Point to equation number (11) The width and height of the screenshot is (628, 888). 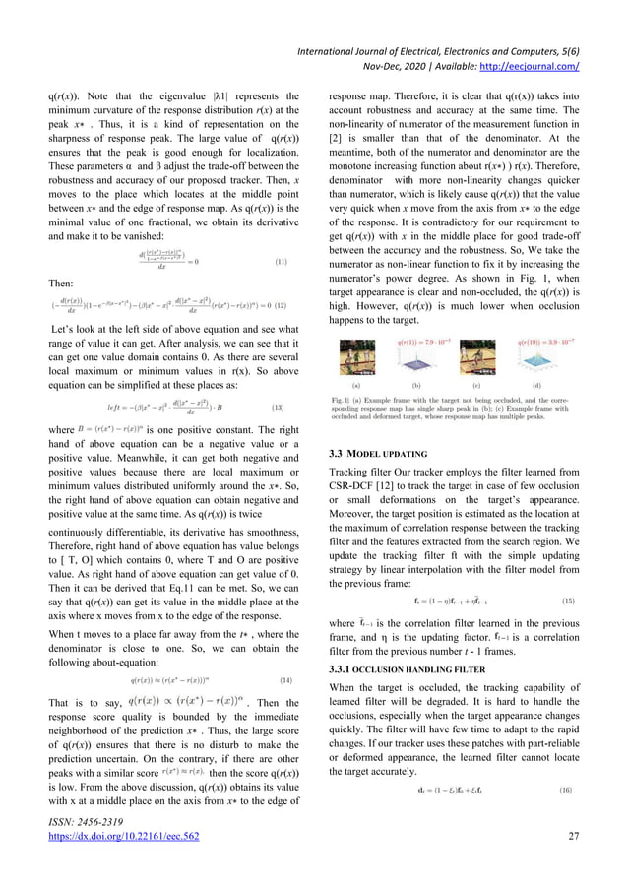coord(280,263)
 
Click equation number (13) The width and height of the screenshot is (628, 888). coord(280,406)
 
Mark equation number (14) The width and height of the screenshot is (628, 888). coord(280,652)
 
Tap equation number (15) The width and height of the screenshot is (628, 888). coord(568,600)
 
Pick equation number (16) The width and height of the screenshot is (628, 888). coord(568,763)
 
